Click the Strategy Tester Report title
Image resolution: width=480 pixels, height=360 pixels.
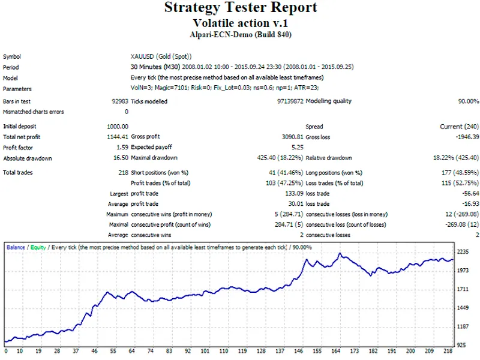pos(241,7)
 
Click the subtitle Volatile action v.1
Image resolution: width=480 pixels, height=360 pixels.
pos(241,23)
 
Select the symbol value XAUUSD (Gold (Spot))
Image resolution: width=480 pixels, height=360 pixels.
pos(161,56)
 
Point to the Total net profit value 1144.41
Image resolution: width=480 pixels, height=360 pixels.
pos(118,137)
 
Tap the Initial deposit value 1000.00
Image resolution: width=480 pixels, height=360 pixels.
pos(118,127)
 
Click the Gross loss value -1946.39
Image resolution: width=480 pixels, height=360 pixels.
pos(467,137)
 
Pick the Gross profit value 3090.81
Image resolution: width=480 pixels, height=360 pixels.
pos(293,137)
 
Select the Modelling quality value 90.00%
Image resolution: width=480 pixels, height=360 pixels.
pos(469,101)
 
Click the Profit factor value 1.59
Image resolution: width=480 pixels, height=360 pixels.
pos(122,147)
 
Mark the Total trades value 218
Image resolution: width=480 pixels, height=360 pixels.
pos(124,172)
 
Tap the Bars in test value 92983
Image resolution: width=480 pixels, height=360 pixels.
pos(120,101)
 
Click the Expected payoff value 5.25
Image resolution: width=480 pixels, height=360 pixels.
pos(298,147)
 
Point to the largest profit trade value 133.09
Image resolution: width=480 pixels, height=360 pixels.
pos(294,193)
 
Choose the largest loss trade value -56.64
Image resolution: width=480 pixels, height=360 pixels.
pos(470,193)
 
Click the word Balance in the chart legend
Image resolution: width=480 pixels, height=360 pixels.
pos(16,247)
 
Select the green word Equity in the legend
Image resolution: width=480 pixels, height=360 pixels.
pos(38,247)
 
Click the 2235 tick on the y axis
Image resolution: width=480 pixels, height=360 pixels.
pos(463,251)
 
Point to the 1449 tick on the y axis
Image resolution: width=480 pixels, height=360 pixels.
pos(463,308)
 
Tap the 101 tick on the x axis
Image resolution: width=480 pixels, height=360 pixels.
pos(205,351)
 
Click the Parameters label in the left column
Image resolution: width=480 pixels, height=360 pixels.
pos(17,89)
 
